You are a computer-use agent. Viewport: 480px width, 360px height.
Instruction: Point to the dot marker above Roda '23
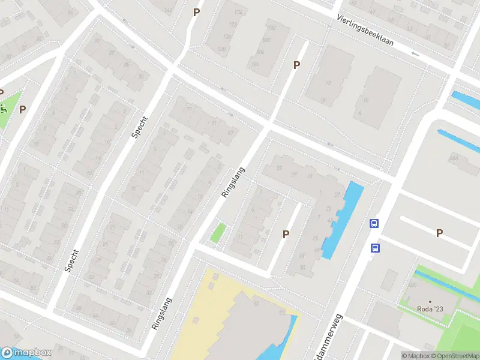pyautogui.click(x=430, y=301)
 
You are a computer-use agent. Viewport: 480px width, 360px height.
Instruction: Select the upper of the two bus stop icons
pyautogui.click(x=374, y=224)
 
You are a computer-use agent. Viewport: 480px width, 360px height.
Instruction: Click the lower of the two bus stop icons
pyautogui.click(x=375, y=247)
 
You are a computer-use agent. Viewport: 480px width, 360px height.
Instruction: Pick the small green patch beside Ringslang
pyautogui.click(x=218, y=233)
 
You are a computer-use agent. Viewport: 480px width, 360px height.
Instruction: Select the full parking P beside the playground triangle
pyautogui.click(x=23, y=109)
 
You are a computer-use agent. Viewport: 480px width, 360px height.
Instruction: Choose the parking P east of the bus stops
pyautogui.click(x=439, y=233)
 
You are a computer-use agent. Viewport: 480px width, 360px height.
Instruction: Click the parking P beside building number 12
pyautogui.click(x=296, y=65)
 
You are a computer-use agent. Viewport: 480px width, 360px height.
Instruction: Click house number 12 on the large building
pyautogui.click(x=328, y=83)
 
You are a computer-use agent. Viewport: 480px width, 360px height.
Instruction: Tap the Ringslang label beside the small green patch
pyautogui.click(x=234, y=182)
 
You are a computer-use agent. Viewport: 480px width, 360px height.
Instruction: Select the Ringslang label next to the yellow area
pyautogui.click(x=162, y=314)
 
